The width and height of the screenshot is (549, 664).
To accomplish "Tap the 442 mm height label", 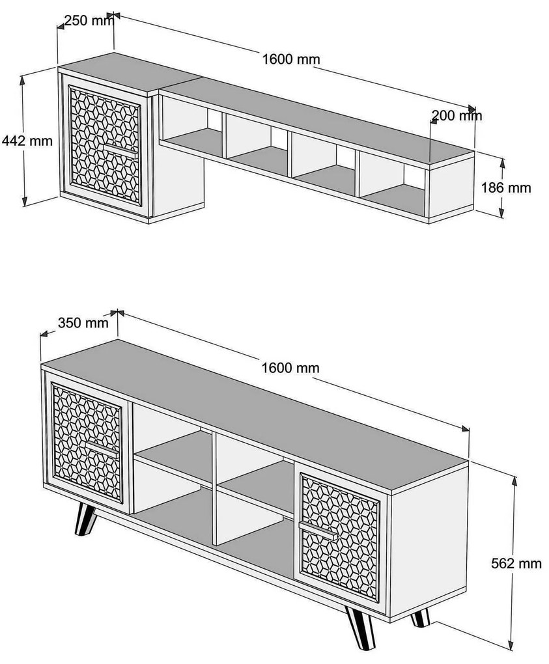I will [x=27, y=140].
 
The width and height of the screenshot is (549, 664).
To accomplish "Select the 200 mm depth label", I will [x=457, y=116].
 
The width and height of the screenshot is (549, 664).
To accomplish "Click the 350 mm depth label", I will [x=83, y=322].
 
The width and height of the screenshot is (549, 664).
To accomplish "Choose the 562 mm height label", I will [x=515, y=563].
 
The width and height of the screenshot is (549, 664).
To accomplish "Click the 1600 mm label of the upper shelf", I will [x=291, y=59].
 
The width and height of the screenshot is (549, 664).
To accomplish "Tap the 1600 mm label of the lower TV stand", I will [x=290, y=368].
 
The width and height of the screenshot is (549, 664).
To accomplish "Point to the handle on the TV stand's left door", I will [x=101, y=449].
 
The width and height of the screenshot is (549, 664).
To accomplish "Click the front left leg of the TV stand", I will [x=85, y=519].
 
